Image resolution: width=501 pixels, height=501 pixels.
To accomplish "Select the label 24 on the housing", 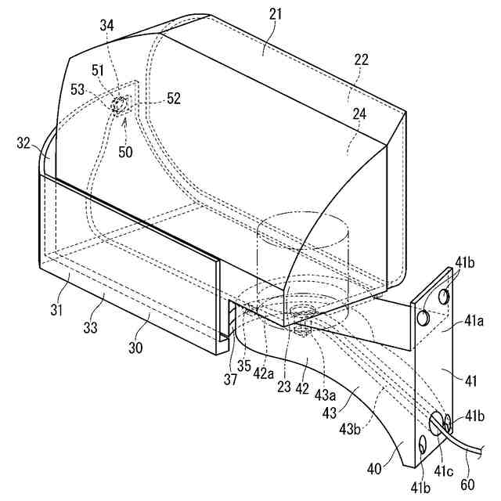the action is click(359, 114).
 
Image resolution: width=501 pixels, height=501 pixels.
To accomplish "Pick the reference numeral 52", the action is click(174, 99).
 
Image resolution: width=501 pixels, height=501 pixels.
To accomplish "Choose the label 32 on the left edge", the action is click(23, 143).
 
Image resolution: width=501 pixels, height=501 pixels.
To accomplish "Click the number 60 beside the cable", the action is click(469, 483).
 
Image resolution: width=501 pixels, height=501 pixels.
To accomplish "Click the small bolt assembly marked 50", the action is click(122, 103).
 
